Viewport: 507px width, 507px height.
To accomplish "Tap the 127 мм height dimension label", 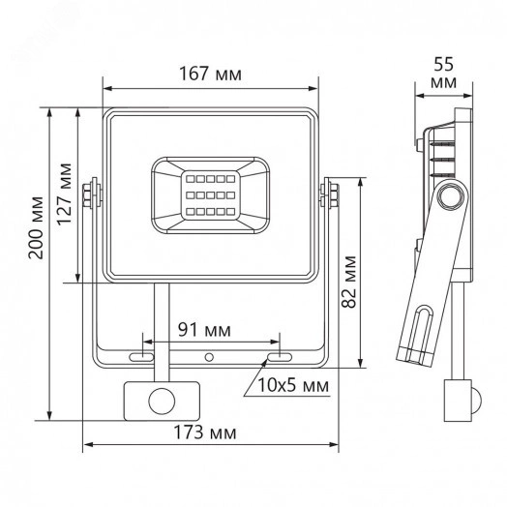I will pyautogui.click(x=65, y=197).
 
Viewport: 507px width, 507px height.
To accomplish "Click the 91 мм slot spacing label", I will pyautogui.click(x=204, y=330).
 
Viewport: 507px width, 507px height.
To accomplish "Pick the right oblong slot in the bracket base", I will pyautogui.click(x=273, y=358).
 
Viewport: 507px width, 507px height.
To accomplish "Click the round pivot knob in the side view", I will pyautogui.click(x=449, y=197).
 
